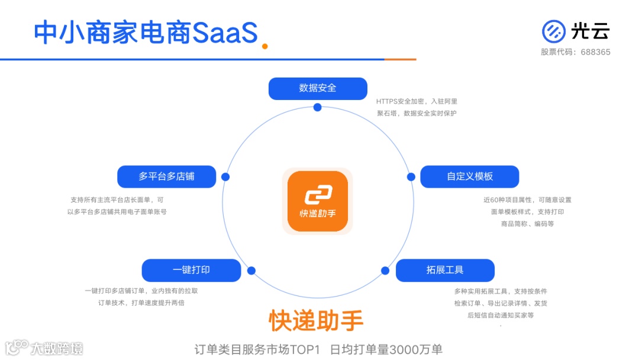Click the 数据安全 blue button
point(318,88)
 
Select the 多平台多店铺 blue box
point(166,176)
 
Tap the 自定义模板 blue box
point(470,176)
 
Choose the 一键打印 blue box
point(191,270)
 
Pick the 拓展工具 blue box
point(445,270)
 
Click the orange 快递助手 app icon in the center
point(317,201)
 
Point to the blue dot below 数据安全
point(318,107)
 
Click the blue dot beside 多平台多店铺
point(225,176)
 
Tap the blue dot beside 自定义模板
point(411,176)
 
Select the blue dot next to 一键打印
point(251,271)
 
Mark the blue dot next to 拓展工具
point(385,271)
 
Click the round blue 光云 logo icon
point(553,31)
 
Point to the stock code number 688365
point(595,52)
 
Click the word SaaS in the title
point(225,33)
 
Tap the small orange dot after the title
point(265,46)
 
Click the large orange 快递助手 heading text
point(317,320)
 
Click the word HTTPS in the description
point(388,102)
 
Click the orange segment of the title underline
point(400,59)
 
